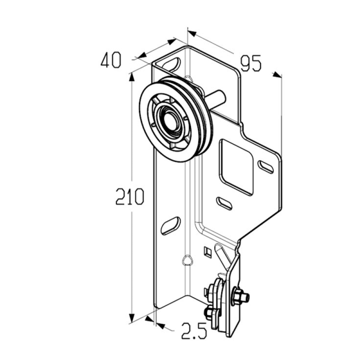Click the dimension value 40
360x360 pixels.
point(111,60)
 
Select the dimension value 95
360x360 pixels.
point(251,63)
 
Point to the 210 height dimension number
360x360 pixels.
point(130,196)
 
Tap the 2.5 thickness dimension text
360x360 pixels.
point(194,331)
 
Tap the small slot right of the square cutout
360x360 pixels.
point(266,167)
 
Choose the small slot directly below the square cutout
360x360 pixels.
point(224,203)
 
